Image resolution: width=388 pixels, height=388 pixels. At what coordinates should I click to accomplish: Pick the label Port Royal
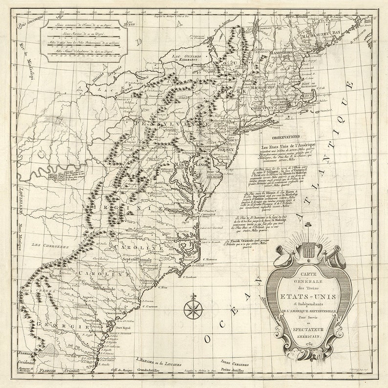125,328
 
